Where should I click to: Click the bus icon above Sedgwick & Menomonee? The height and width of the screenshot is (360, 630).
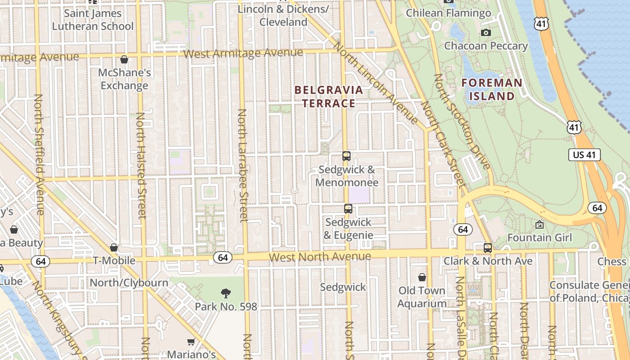[346, 156]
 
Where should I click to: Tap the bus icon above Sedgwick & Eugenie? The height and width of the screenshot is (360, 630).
[348, 209]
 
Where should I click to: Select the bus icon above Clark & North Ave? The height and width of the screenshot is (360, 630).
[487, 247]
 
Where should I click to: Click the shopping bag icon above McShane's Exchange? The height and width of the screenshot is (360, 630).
[124, 59]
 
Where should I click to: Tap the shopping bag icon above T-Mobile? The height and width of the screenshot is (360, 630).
[114, 247]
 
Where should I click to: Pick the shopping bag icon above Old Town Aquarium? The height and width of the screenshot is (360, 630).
[422, 277]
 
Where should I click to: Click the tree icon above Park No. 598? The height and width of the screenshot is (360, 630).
[226, 293]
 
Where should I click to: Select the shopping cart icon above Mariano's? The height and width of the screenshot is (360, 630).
[191, 342]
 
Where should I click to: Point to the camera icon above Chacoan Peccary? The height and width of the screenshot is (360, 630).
[486, 32]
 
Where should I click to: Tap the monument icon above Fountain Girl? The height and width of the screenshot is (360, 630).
[539, 224]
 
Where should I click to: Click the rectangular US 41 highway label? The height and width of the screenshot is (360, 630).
[585, 155]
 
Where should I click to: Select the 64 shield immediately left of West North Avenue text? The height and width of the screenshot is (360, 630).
[222, 257]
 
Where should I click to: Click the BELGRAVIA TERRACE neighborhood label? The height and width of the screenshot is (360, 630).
[328, 96]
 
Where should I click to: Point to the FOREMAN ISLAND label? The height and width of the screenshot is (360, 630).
[492, 89]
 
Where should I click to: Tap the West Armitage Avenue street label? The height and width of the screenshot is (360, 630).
[243, 53]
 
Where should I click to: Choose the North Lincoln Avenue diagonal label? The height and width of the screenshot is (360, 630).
[377, 83]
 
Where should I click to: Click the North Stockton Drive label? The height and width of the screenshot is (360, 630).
[461, 121]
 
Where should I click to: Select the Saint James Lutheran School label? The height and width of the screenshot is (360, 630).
[93, 20]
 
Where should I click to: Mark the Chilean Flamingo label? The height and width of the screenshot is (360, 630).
[448, 13]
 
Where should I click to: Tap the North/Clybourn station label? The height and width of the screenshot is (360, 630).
[129, 283]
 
